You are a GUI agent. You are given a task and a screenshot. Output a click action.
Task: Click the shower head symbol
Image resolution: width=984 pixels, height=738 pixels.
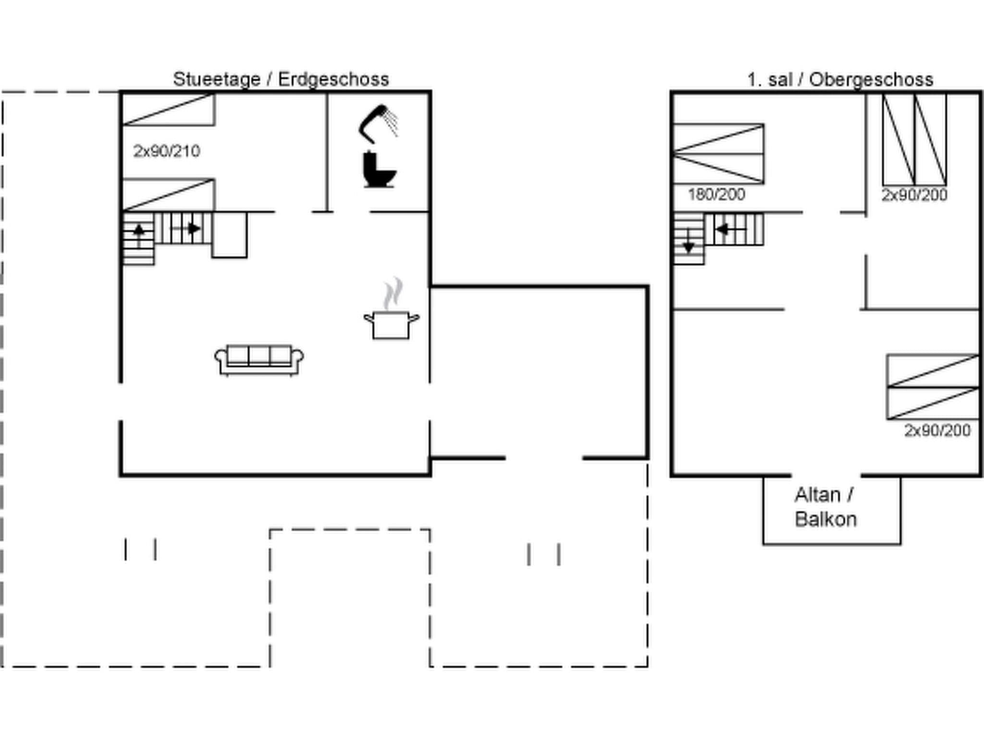pos(378,123)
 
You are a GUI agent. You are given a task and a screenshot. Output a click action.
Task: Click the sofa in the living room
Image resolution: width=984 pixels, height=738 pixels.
pos(259,359)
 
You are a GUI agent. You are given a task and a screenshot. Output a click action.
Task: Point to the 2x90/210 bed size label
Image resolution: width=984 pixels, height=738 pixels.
pos(166,151)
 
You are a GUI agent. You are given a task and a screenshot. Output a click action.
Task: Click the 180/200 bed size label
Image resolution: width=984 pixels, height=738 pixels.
pos(716,195)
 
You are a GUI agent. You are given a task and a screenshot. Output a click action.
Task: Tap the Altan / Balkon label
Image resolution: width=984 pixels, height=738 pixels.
pos(826,507)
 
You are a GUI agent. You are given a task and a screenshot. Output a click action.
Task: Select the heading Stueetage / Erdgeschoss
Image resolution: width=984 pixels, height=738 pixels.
pos(281,79)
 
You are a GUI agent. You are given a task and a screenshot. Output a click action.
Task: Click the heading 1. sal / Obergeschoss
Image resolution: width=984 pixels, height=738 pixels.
pos(840,79)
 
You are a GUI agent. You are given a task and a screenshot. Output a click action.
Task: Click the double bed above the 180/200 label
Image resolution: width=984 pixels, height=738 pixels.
pos(718,154)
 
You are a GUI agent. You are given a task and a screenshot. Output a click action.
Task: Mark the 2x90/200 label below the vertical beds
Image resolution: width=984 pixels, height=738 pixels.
pos(914,195)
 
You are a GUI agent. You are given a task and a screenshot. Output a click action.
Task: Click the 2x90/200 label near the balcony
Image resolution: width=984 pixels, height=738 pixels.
pos(937,430)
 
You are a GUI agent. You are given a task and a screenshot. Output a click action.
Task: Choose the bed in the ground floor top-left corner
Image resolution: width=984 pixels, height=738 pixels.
pos(168,110)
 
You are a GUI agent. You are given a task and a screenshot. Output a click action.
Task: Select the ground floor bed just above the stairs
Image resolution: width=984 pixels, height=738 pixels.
pos(168,195)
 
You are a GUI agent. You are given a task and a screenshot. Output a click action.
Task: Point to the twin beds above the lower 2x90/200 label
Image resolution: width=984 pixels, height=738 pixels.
pos(933,387)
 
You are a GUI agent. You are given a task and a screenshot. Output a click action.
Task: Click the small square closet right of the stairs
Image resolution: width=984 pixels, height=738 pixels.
pos(230,235)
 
